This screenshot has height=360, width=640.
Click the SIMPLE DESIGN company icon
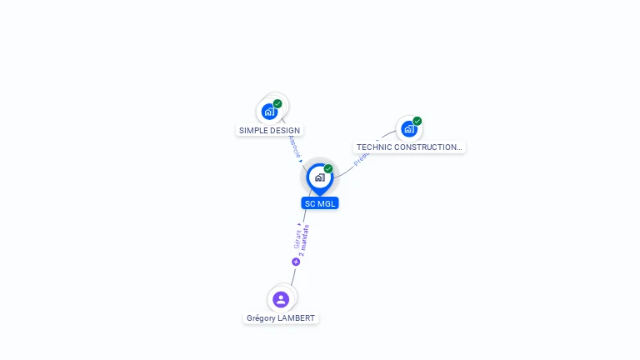point(268,112)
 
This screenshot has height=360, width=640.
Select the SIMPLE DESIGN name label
point(269,131)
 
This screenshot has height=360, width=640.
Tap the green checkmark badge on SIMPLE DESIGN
point(277,104)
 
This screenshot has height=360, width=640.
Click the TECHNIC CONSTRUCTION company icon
point(408,129)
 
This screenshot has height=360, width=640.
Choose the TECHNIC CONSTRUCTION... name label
point(408,147)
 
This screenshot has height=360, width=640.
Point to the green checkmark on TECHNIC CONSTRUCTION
point(417,122)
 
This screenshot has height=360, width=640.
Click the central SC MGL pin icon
point(319,177)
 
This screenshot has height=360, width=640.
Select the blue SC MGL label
point(320,203)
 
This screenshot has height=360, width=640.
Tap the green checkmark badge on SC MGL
point(328,169)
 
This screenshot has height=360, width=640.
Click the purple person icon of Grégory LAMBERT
point(281,299)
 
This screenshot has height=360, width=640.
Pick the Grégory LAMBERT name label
point(281,318)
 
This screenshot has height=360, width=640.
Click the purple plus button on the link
point(296,262)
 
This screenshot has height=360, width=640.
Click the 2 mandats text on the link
point(304,240)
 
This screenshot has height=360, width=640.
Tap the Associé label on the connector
point(293,146)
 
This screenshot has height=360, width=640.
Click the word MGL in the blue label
point(327,203)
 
